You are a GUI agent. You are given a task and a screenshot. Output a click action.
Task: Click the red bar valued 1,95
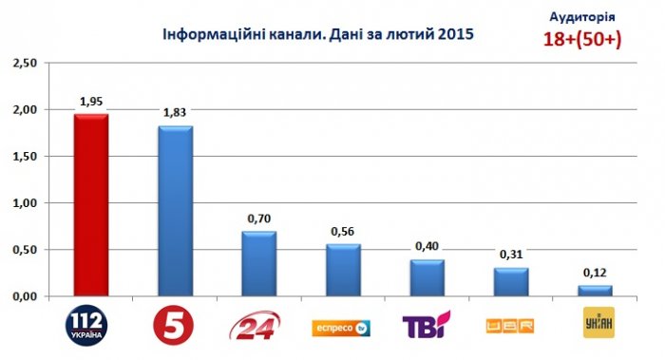(x=92, y=205)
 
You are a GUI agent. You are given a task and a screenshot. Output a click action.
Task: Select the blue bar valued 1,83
(x=175, y=211)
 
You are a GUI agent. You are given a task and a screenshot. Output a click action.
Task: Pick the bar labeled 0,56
(x=342, y=270)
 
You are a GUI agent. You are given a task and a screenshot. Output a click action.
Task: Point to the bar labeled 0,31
(x=509, y=281)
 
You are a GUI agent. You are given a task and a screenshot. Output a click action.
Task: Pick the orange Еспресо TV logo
(x=341, y=328)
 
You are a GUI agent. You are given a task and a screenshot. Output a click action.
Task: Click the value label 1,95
(x=90, y=102)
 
